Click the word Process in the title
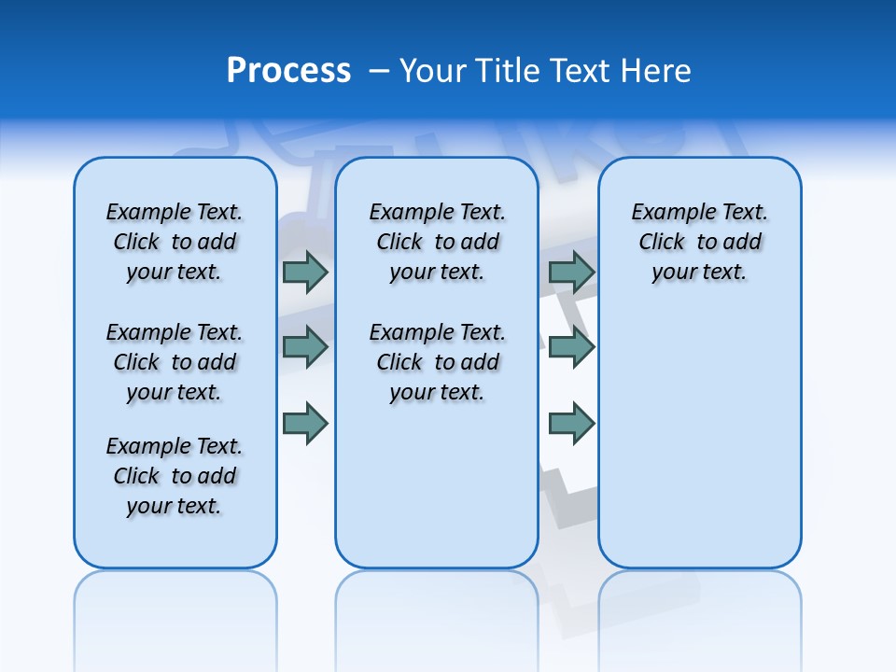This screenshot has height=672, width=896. (288, 71)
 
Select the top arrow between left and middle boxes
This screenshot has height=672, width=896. (304, 272)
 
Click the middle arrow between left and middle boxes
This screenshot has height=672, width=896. (304, 347)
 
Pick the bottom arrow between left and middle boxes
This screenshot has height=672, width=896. (304, 424)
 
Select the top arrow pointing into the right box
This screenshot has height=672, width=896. (571, 272)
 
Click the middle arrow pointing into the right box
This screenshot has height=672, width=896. (571, 347)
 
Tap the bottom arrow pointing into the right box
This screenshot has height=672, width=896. (571, 424)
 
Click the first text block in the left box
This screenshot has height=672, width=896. (175, 242)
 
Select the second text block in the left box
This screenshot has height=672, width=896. (175, 362)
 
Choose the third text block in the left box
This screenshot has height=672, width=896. (175, 476)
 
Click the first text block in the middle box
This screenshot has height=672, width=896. (437, 242)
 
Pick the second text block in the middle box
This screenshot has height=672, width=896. (437, 362)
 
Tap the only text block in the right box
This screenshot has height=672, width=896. (700, 242)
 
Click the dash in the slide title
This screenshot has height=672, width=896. (379, 71)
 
